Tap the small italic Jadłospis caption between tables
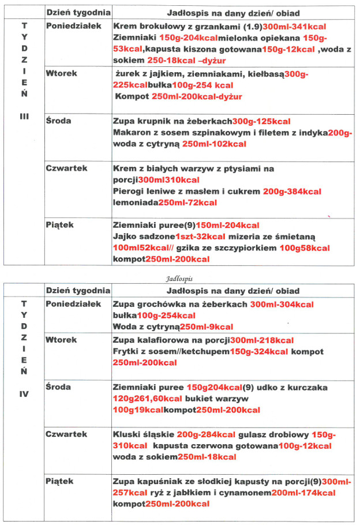click(180, 277)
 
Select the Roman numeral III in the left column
click(24, 115)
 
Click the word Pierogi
click(129, 192)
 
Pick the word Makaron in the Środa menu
click(132, 133)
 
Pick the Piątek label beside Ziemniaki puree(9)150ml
click(61, 225)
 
